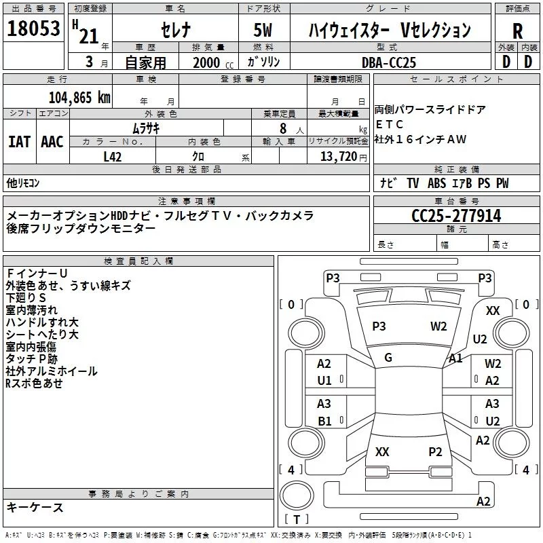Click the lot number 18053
[33, 29]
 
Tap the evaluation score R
[517, 31]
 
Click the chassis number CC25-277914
[456, 217]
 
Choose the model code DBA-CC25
[388, 62]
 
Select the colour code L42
[112, 156]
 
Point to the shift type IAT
[19, 141]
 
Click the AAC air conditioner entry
[52, 141]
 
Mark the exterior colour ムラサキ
[145, 128]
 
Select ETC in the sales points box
[390, 124]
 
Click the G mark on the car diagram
[388, 358]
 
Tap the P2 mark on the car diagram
[435, 451]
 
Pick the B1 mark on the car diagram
[324, 421]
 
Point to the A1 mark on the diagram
[455, 358]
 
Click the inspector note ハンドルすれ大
[42, 322]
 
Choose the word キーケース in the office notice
[35, 508]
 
